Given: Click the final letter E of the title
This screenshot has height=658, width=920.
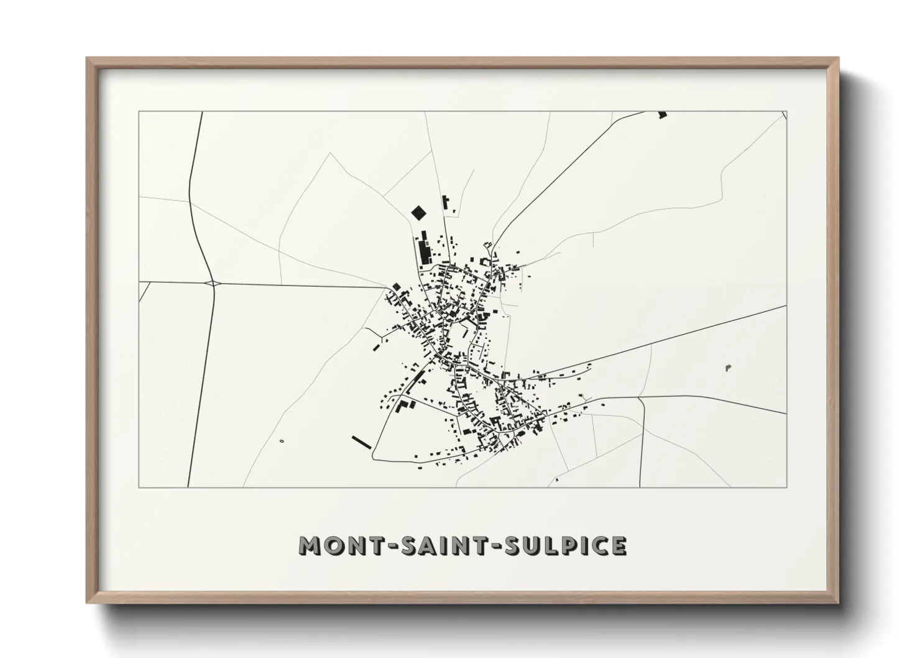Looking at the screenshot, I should click(x=618, y=545).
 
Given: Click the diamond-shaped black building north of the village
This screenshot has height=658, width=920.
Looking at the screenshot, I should click(x=420, y=213).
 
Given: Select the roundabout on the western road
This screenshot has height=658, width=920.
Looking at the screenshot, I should click(x=213, y=283).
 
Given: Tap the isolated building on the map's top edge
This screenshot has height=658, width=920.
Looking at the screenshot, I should click(x=662, y=114).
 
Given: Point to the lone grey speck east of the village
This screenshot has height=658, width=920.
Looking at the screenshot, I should click(x=728, y=369).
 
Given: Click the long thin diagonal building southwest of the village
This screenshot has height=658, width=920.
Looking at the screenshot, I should click(x=361, y=442).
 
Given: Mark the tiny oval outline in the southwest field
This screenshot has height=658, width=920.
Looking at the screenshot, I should click(x=282, y=441).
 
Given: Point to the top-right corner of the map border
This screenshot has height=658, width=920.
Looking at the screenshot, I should click(x=786, y=112).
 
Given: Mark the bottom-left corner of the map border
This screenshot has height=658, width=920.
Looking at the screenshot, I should click(x=139, y=487).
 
